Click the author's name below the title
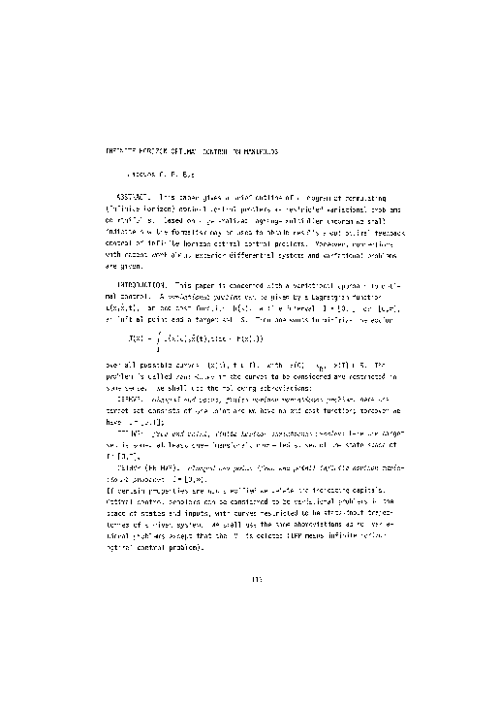164,179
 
